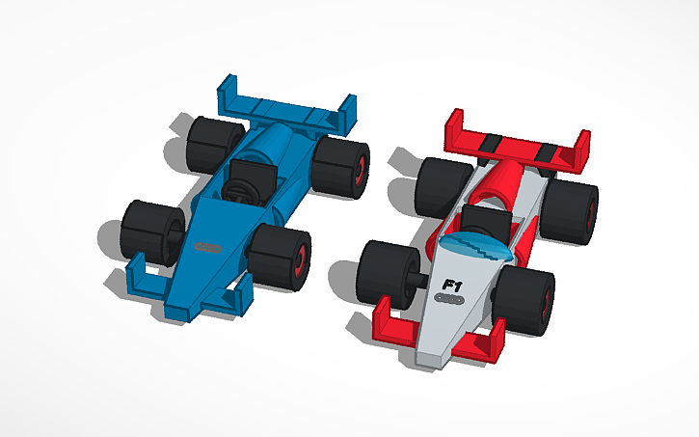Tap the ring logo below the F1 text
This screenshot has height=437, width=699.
(x=450, y=301)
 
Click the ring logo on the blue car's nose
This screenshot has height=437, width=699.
(x=206, y=249)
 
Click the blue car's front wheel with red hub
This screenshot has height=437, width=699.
(x=281, y=256)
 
